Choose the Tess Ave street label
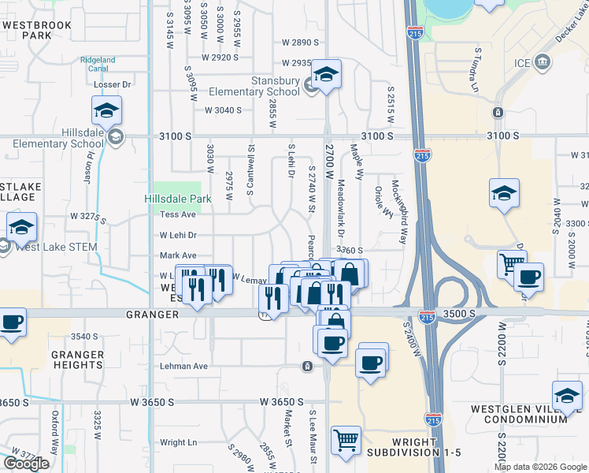pyautogui.click(x=177, y=214)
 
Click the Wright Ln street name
pyautogui.click(x=178, y=442)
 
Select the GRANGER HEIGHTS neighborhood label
pyautogui.click(x=77, y=359)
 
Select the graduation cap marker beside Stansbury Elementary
pyautogui.click(x=324, y=75)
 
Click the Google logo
pyautogui.click(x=26, y=464)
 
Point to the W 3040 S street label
pyautogui.click(x=223, y=110)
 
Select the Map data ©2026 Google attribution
pyautogui.click(x=541, y=467)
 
